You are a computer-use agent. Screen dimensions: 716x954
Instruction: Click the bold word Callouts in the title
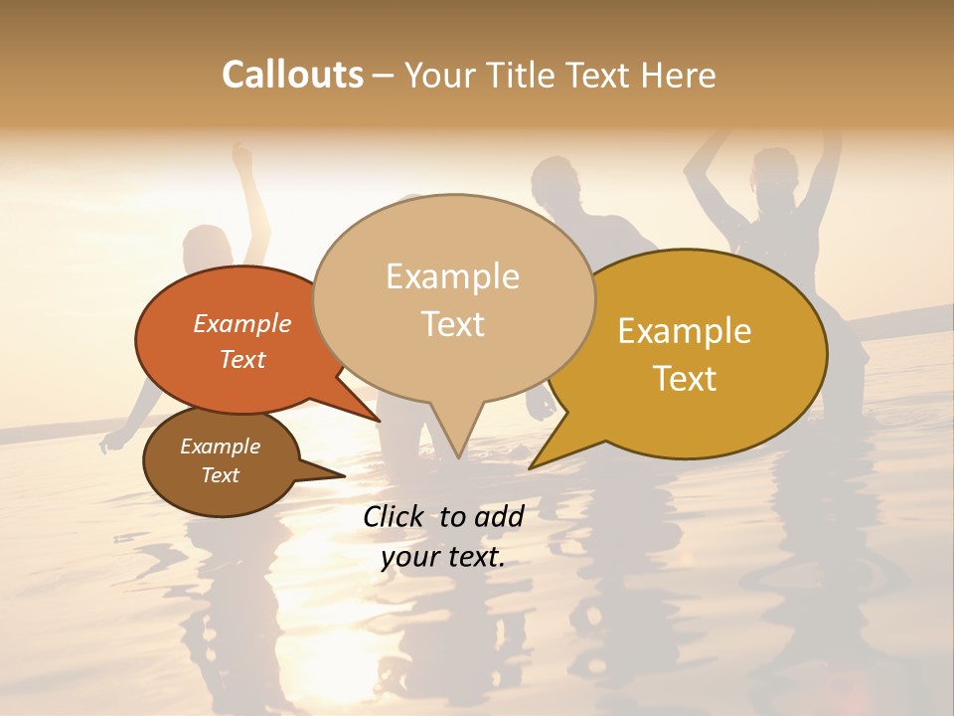point(292,75)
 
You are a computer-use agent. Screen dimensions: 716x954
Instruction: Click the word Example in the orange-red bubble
point(242,323)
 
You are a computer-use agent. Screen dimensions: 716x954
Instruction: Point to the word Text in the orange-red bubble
point(242,359)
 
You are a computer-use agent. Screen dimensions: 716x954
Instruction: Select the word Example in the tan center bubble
point(452,276)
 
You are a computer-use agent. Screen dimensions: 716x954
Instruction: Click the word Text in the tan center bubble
point(452,324)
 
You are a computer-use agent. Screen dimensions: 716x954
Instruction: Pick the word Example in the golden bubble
point(685,331)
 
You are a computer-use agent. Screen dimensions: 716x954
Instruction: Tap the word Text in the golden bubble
point(685,379)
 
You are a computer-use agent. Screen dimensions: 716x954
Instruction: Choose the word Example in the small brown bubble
point(220,447)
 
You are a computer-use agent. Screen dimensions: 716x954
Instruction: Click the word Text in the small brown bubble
point(220,475)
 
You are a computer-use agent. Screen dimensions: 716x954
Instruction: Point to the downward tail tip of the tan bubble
point(458,457)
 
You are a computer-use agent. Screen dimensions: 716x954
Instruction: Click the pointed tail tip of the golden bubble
point(531,467)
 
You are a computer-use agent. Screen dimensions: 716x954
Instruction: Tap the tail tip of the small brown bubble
point(344,475)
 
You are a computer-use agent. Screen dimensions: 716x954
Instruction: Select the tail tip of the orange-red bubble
point(380,421)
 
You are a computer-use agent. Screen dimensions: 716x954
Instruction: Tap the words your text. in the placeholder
point(443,557)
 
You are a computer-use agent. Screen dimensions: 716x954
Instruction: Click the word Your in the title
point(439,75)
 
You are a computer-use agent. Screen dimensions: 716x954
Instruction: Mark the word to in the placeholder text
point(452,516)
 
